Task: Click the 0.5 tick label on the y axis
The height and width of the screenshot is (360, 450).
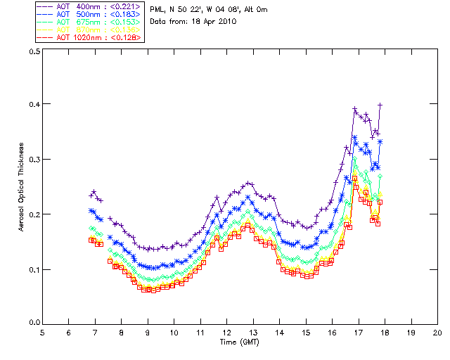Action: (33, 52)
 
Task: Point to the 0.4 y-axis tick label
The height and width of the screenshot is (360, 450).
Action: (33, 104)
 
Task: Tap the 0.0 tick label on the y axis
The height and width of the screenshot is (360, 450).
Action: (33, 323)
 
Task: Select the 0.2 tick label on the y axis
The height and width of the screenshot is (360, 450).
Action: (33, 214)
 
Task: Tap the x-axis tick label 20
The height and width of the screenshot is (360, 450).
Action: (437, 332)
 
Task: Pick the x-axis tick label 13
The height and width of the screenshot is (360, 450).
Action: (253, 332)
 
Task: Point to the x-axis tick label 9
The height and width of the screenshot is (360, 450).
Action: (148, 332)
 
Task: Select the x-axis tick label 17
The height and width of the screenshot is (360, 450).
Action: (359, 332)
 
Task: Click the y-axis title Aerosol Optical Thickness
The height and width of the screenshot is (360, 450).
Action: (22, 186)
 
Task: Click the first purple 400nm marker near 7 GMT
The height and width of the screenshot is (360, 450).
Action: (92, 195)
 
